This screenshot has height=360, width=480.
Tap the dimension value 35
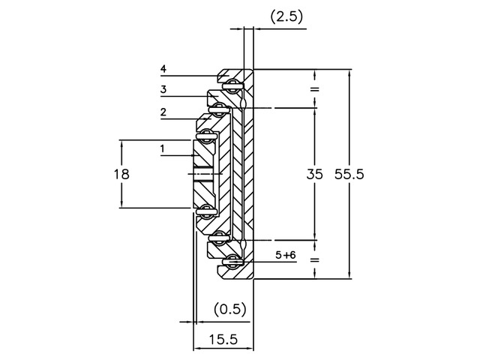[315, 174]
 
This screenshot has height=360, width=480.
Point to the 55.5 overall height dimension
[350, 174]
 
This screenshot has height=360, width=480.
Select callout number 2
[163, 112]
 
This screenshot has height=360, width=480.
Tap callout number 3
[163, 90]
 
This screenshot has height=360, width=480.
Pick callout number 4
[163, 69]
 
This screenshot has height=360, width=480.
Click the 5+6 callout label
[286, 255]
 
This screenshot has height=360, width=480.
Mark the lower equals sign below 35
[314, 259]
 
